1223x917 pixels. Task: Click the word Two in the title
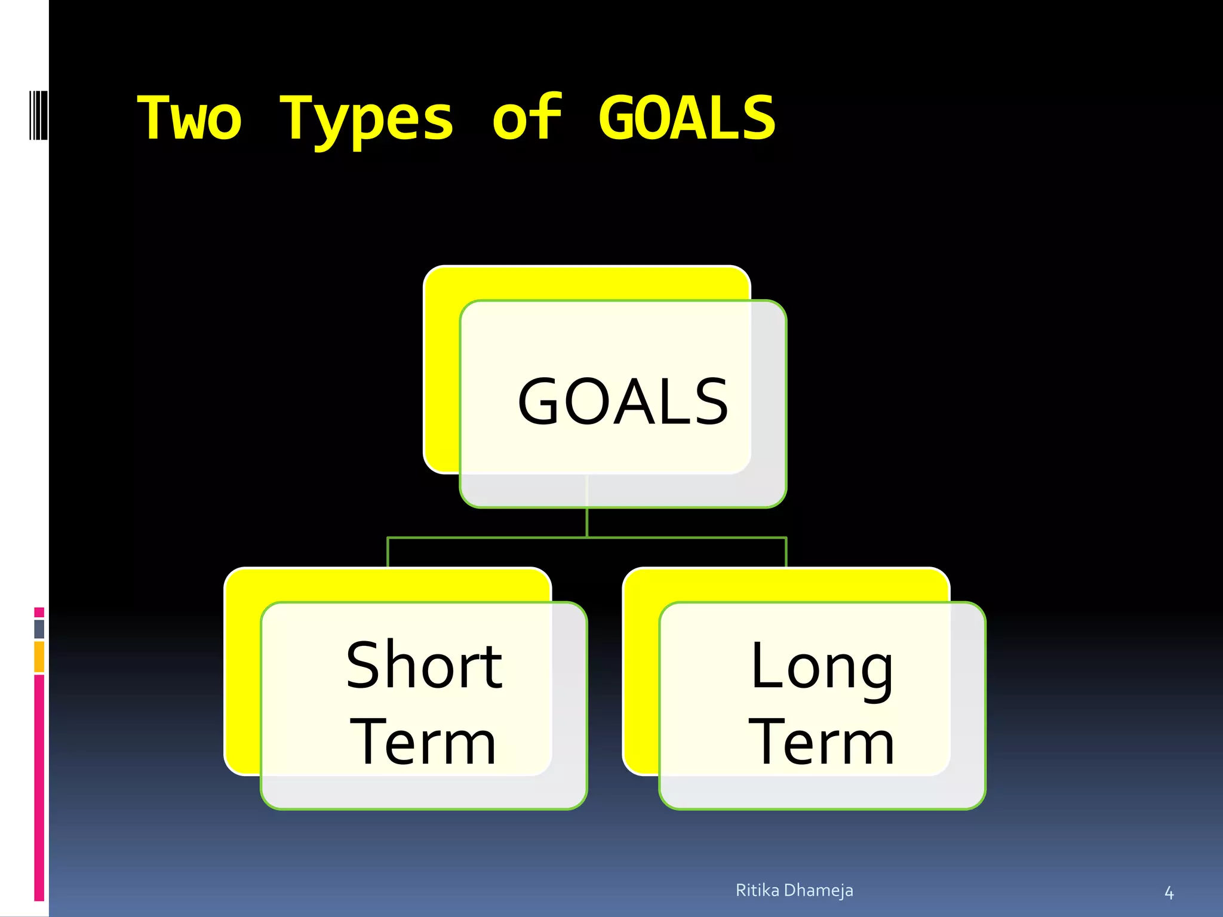(190, 118)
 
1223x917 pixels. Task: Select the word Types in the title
(367, 119)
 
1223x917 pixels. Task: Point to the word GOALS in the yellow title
(687, 118)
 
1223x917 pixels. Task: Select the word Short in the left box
(424, 665)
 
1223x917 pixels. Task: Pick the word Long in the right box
(822, 667)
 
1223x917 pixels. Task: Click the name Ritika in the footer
(757, 890)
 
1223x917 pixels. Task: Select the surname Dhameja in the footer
(818, 890)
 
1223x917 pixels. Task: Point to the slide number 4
(1169, 893)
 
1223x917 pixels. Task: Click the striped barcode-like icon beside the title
(38, 115)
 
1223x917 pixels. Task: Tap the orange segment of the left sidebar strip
(39, 656)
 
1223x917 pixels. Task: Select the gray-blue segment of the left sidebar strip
(39, 629)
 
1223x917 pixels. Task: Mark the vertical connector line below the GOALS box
(587, 522)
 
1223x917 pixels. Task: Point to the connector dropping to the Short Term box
(388, 552)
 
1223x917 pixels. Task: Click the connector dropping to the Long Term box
(786, 552)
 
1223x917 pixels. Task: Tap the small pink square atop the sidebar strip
(39, 613)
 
